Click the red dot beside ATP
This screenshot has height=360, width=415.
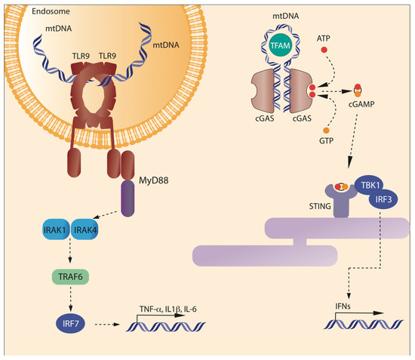click(325, 50)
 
